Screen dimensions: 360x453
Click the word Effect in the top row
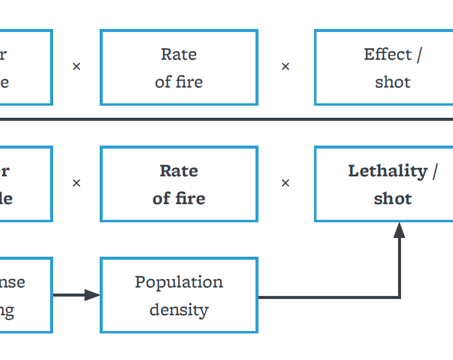tap(387, 54)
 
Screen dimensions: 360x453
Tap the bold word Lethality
tap(387, 171)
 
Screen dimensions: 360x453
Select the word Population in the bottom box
tap(179, 282)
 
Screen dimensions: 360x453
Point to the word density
tap(179, 310)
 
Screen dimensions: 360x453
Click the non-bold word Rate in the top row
tap(179, 54)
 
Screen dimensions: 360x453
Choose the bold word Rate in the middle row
tap(179, 171)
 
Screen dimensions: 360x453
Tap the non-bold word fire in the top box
tap(190, 82)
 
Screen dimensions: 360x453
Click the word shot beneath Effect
tap(393, 82)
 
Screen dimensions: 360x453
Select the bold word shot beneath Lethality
tap(393, 199)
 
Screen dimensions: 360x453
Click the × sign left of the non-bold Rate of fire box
tap(76, 66)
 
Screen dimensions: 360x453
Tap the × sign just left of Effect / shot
tap(286, 66)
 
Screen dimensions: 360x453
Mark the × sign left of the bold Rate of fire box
tap(76, 183)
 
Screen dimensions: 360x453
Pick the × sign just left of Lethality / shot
tap(286, 183)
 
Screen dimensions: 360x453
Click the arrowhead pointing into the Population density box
tap(92, 295)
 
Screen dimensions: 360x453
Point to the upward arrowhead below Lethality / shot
tap(399, 230)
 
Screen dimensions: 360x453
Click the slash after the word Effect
tap(419, 55)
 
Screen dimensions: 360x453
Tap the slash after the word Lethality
tap(434, 172)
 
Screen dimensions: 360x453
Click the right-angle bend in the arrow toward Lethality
tap(399, 297)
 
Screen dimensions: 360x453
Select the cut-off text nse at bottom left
tap(12, 282)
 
